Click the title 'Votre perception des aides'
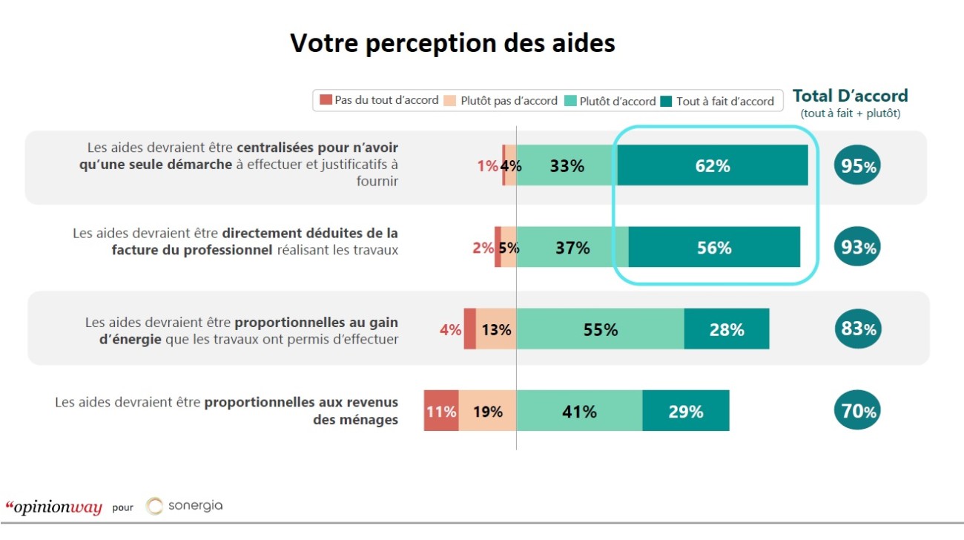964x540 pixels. click(452, 43)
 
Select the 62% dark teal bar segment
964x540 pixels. click(713, 165)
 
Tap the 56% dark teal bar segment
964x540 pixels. click(714, 248)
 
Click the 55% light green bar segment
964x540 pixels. click(600, 329)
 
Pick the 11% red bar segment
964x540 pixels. click(441, 411)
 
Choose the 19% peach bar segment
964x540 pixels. click(488, 411)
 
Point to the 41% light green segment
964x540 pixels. click(579, 411)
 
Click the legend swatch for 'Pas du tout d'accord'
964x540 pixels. click(325, 100)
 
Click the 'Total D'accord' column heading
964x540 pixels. click(850, 96)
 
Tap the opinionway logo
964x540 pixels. click(53, 507)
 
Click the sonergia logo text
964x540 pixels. click(194, 506)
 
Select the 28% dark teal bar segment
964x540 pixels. click(726, 329)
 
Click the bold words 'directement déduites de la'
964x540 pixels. click(310, 233)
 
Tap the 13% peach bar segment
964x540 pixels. click(495, 329)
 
